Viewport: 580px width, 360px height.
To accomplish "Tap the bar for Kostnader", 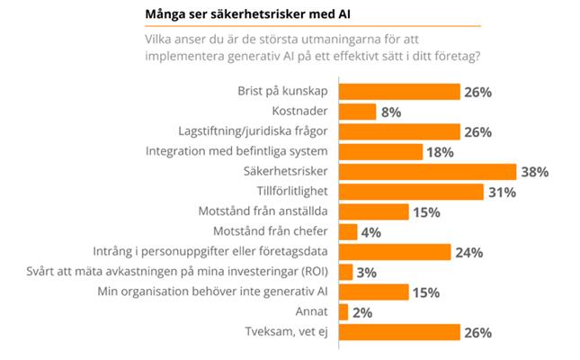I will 361,112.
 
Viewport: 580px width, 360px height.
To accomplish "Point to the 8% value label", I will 391,112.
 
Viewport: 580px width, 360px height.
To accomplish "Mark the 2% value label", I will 363,312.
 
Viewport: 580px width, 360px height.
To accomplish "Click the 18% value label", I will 441,151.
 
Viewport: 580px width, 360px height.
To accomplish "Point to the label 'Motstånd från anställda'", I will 266,212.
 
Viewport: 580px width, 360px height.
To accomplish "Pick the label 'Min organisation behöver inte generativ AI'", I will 223,292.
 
